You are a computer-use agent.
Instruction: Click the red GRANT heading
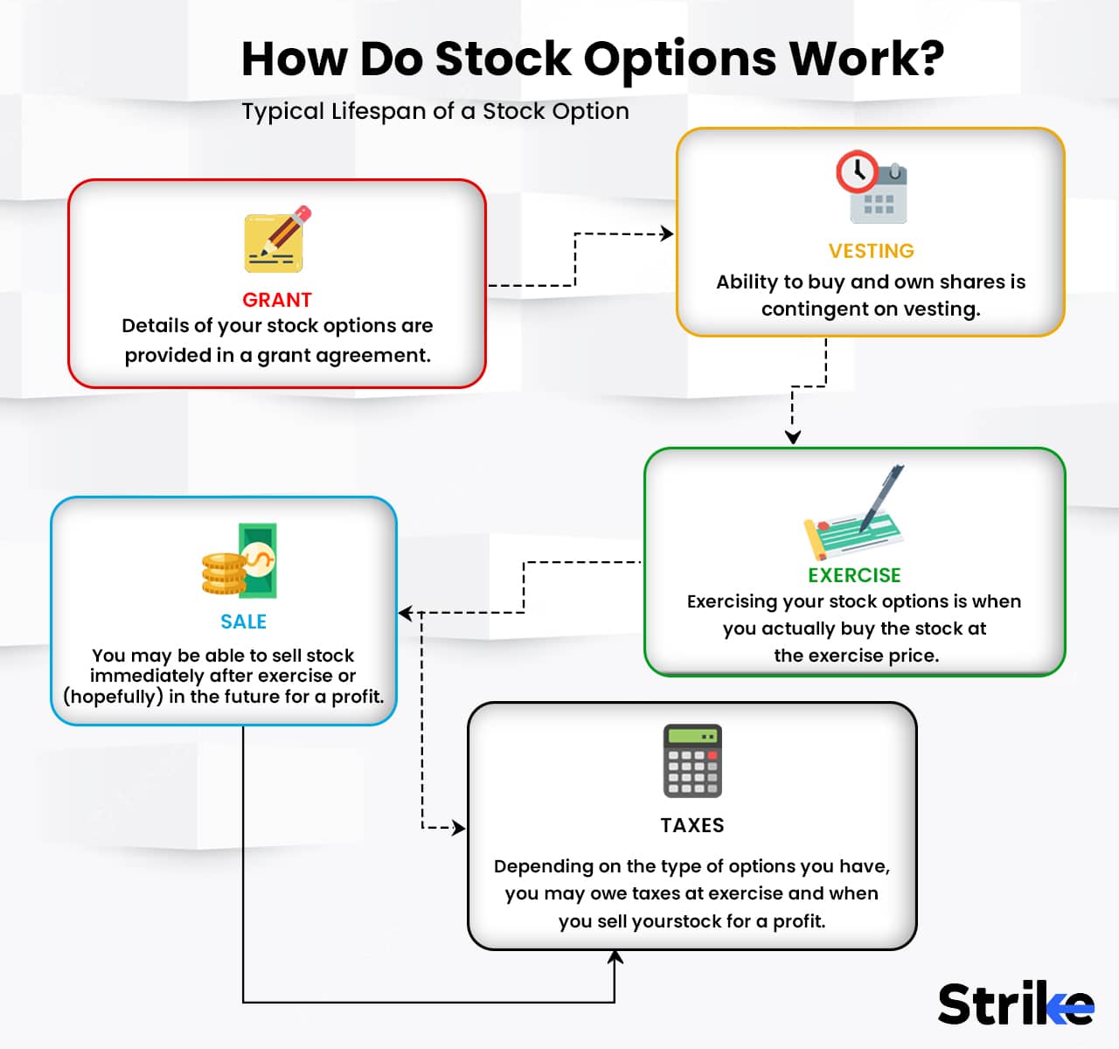[x=276, y=300]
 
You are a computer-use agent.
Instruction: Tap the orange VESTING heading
[x=871, y=251]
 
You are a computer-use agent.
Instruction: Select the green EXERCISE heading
[x=854, y=575]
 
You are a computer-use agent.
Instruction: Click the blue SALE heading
[x=243, y=622]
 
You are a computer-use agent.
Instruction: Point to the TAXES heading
[x=692, y=825]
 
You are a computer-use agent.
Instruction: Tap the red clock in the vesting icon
[x=857, y=172]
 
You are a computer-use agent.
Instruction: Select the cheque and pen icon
[x=855, y=516]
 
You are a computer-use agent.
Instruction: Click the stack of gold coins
[x=224, y=574]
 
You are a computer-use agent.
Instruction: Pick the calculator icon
[x=692, y=761]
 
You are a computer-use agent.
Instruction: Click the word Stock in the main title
[x=503, y=59]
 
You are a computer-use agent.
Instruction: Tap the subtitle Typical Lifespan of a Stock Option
[x=435, y=112]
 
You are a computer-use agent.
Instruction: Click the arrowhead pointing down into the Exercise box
[x=792, y=437]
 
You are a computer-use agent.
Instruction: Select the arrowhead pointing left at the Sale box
[x=406, y=613]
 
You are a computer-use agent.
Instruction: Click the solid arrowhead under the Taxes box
[x=615, y=958]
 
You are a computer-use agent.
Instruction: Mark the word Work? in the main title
[x=866, y=59]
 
